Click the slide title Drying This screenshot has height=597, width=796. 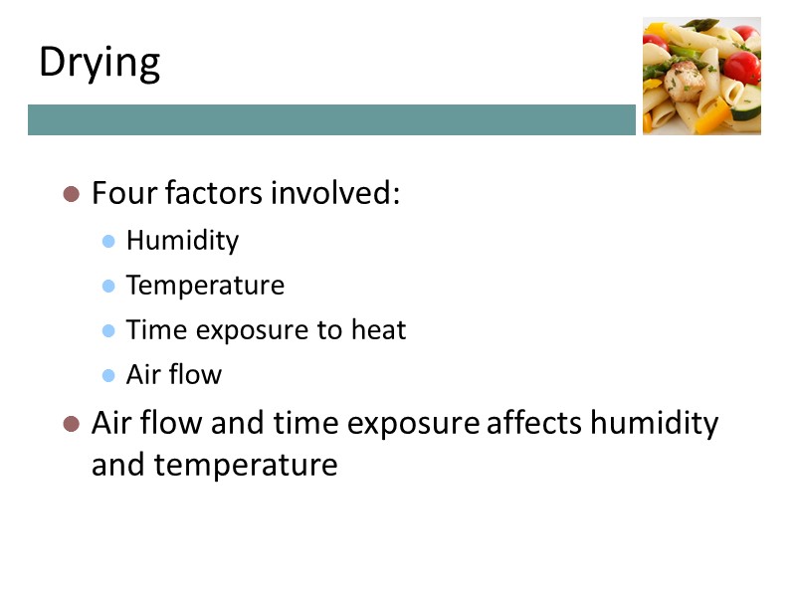pyautogui.click(x=99, y=63)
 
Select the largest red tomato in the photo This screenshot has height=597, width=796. pyautogui.click(x=740, y=68)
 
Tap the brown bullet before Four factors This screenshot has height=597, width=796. pyautogui.click(x=71, y=194)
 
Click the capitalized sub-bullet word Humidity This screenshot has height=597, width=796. pyautogui.click(x=182, y=241)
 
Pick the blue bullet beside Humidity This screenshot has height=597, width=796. pyautogui.click(x=109, y=242)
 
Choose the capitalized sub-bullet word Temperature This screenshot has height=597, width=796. pyautogui.click(x=205, y=286)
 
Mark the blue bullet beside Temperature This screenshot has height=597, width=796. pyautogui.click(x=109, y=287)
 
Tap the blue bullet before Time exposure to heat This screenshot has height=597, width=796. pyautogui.click(x=109, y=331)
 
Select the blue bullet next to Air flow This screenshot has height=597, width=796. pyautogui.click(x=109, y=376)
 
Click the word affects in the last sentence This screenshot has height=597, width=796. pyautogui.click(x=534, y=423)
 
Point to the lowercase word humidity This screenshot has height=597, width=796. pyautogui.click(x=654, y=423)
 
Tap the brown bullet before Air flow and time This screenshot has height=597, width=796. pyautogui.click(x=71, y=425)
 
